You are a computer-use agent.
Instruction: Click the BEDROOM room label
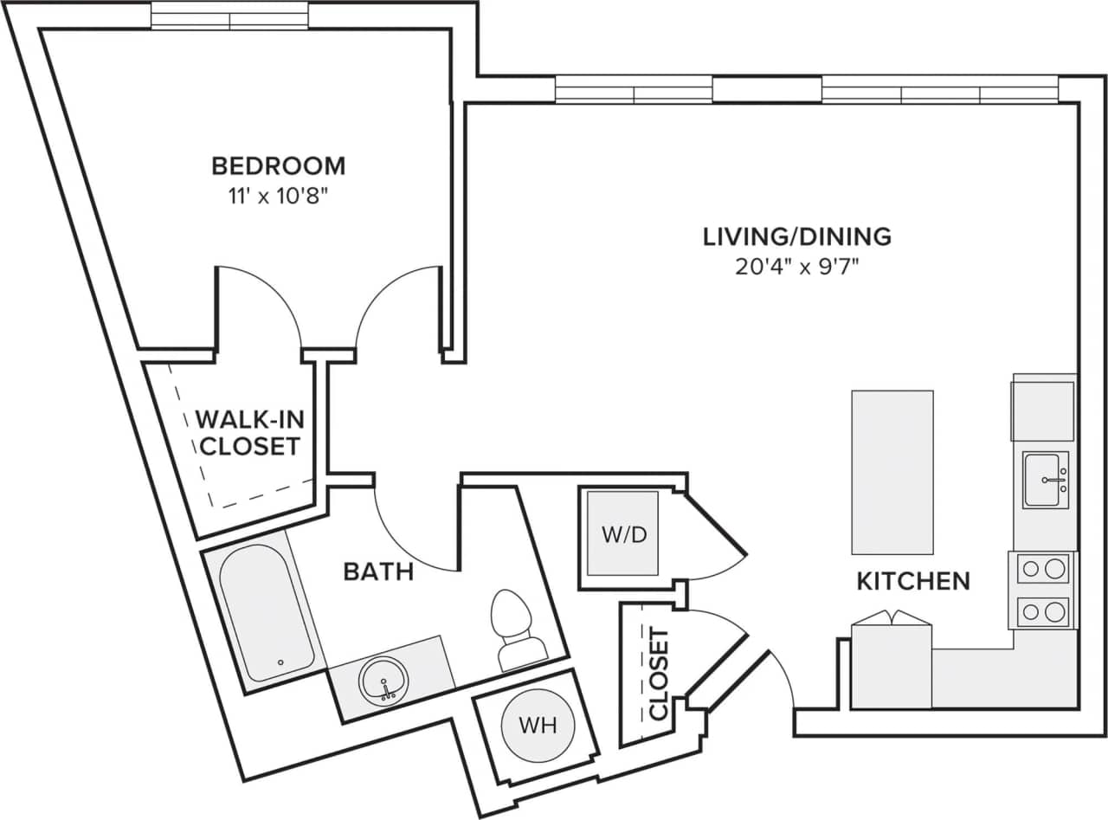click(x=278, y=165)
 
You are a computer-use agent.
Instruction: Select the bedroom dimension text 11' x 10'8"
click(x=278, y=196)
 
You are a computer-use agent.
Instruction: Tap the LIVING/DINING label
click(x=796, y=236)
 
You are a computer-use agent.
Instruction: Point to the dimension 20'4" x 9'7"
click(x=796, y=267)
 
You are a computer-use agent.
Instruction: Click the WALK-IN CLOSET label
click(x=248, y=433)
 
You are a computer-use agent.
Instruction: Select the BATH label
click(x=378, y=571)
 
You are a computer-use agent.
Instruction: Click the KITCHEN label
click(x=912, y=581)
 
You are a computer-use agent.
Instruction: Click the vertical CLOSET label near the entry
click(x=659, y=675)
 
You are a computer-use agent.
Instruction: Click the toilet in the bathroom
click(x=516, y=630)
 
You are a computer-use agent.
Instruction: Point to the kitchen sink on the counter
click(x=1046, y=480)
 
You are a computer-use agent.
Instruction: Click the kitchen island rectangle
click(x=892, y=472)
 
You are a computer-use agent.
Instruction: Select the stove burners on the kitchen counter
click(x=1042, y=591)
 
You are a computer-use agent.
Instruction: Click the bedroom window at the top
click(x=229, y=16)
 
